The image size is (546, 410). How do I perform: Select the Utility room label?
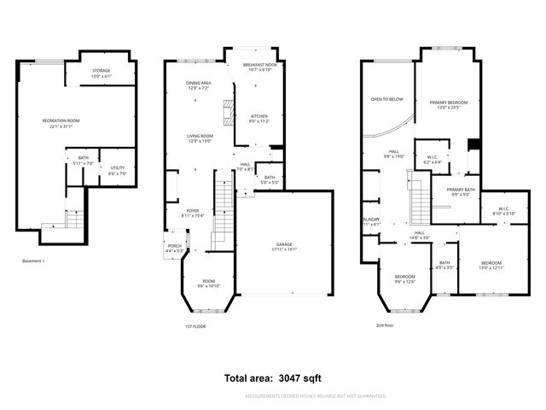coord(118,170)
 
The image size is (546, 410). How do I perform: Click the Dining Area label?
coord(199,85)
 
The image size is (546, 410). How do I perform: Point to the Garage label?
coord(272,246)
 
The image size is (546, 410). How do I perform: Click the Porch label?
coord(174,247)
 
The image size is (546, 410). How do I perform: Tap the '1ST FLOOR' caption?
coord(195,326)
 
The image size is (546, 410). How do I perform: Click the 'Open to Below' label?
coord(386,98)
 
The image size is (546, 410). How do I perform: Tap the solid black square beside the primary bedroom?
coord(474,143)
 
